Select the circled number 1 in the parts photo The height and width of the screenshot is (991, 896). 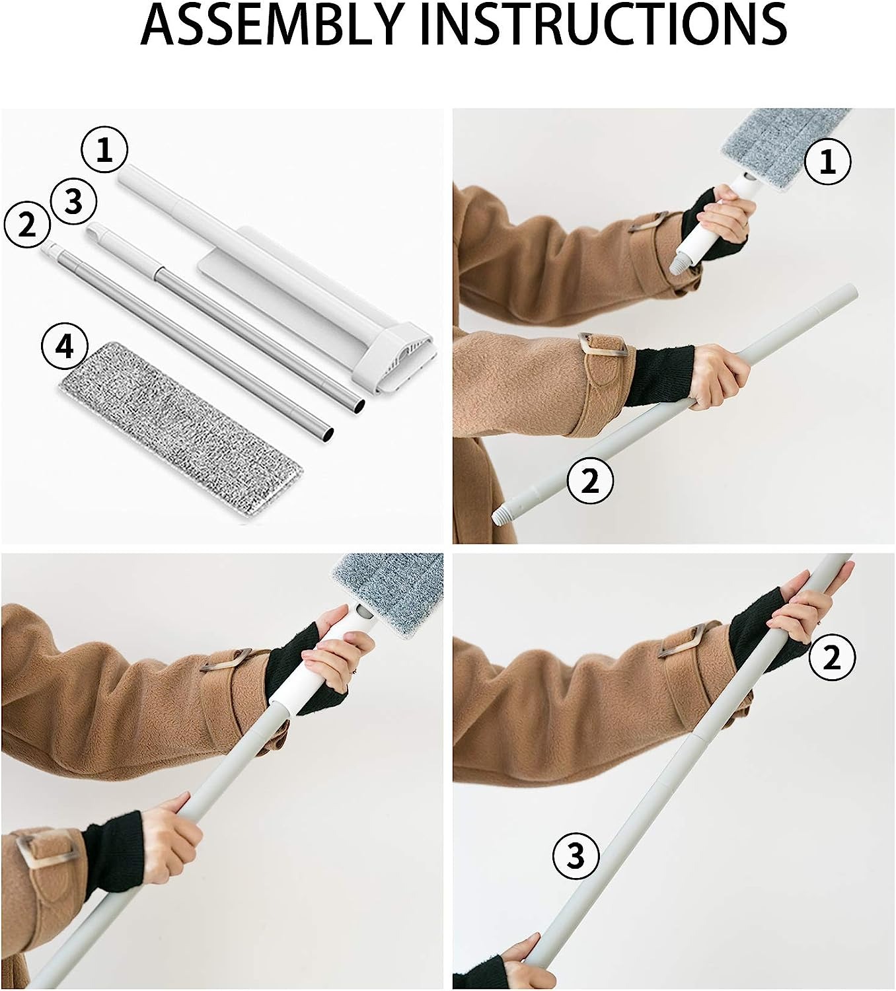point(104,150)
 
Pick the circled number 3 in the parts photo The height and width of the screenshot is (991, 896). point(73,202)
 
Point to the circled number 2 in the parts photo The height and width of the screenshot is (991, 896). point(27,225)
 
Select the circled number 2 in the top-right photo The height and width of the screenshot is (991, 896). point(590,481)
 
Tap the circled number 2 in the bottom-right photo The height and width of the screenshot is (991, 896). point(833,658)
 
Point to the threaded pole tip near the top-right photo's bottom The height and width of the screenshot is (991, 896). point(502,513)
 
